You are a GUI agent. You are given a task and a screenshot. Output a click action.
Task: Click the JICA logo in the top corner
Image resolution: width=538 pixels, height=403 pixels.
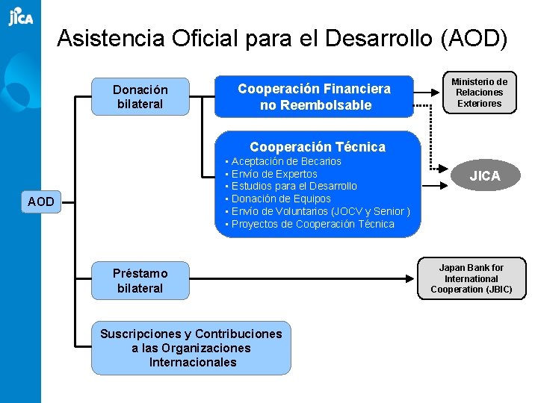point(20,16)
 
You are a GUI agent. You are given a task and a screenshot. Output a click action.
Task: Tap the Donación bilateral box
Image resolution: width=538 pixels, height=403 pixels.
point(140,97)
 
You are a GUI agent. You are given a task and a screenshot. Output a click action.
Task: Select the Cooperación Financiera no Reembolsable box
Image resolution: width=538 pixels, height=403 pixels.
point(314,97)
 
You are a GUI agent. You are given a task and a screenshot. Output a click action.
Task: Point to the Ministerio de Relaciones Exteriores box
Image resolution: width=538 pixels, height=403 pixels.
point(480,93)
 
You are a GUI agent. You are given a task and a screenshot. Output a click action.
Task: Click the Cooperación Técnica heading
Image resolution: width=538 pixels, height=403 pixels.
point(318,147)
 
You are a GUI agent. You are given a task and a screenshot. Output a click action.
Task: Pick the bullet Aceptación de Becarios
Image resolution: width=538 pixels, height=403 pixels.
point(286,161)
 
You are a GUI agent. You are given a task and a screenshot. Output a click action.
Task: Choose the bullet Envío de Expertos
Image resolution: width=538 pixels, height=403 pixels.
point(274,174)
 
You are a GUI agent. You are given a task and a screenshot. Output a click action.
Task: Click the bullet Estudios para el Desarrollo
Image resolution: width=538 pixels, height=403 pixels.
point(294,186)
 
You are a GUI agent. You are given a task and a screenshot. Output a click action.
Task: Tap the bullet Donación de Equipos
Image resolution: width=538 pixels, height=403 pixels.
point(281,199)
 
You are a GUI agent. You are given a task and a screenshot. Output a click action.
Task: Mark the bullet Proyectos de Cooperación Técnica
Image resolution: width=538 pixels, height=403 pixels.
point(313,224)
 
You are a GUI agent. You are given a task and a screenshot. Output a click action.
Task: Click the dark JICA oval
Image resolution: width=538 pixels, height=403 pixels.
point(484,176)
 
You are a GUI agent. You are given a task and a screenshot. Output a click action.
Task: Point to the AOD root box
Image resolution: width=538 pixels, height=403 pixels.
point(41,201)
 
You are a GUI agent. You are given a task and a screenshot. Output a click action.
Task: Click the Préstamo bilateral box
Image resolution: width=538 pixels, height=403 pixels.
point(140,281)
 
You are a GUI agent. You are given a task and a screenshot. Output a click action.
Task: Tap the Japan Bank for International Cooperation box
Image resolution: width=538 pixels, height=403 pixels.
point(471,278)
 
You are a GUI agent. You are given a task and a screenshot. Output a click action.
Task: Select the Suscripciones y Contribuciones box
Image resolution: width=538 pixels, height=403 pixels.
point(191,348)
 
